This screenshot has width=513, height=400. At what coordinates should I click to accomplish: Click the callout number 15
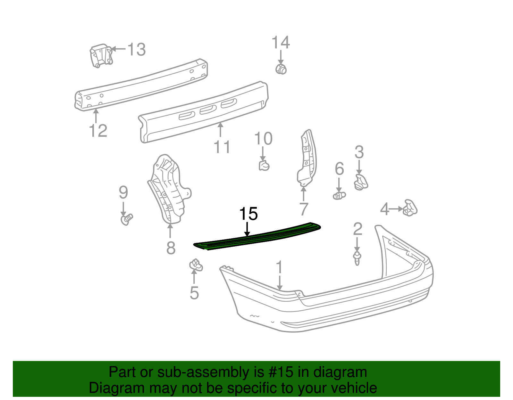(x=248, y=214)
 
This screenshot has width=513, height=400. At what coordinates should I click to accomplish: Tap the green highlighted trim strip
(x=257, y=236)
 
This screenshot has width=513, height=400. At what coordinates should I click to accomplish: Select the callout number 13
(x=137, y=50)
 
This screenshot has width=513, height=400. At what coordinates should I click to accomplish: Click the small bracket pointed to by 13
(x=101, y=56)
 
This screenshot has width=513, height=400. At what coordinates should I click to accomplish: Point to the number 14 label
(x=281, y=42)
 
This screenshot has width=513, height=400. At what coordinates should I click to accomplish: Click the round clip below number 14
(x=281, y=69)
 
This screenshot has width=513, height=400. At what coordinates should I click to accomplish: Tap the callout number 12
(x=98, y=131)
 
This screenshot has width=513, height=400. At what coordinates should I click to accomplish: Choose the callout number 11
(x=222, y=147)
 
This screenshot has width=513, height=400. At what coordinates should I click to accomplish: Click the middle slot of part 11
(x=208, y=110)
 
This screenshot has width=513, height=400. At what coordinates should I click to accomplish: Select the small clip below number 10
(x=264, y=166)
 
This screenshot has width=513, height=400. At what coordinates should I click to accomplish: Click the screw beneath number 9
(x=127, y=219)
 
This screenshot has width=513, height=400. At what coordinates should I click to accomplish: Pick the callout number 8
(x=171, y=248)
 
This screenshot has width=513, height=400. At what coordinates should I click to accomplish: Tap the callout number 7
(x=304, y=209)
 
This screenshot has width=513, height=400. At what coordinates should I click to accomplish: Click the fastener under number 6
(x=339, y=196)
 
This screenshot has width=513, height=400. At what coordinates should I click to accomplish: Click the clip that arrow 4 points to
(x=410, y=208)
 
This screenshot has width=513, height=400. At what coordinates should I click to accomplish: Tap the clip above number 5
(x=196, y=265)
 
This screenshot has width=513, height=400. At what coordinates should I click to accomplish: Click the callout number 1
(x=279, y=267)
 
